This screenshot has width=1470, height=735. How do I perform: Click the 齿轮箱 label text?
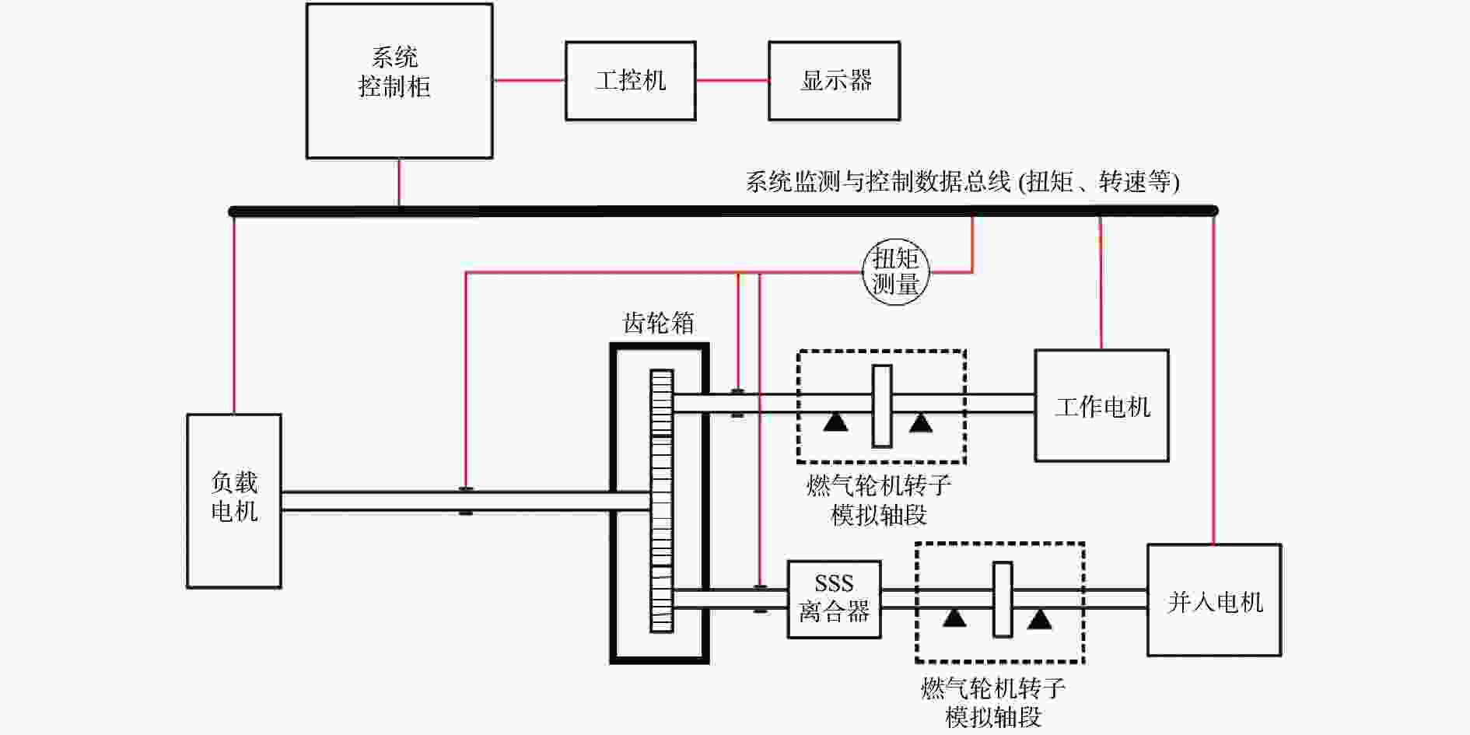point(658,323)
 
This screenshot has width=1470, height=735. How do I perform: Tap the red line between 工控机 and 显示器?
point(732,80)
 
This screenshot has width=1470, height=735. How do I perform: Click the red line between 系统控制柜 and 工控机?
point(529,80)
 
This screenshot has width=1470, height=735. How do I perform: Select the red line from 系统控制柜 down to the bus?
point(399,183)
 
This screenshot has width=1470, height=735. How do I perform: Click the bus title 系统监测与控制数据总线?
point(878,182)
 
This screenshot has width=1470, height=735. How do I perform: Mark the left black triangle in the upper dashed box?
point(836,422)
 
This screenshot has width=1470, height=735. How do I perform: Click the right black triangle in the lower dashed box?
point(1040,619)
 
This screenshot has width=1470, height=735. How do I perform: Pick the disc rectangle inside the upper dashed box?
point(882,406)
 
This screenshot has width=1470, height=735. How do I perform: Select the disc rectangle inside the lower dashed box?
point(1003,600)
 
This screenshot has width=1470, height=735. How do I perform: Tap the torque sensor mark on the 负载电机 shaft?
point(465,501)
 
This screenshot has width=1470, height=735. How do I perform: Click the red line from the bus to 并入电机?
point(1213,380)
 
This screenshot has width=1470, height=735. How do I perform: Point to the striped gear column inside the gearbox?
point(661,500)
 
